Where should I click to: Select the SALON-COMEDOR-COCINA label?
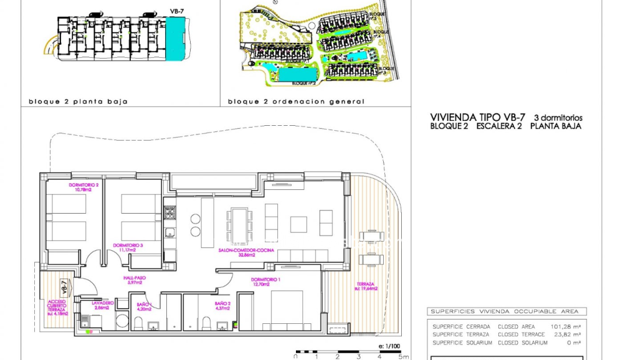[x=237, y=252]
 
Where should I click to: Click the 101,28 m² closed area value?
[x=566, y=326]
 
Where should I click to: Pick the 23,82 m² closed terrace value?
[x=566, y=334]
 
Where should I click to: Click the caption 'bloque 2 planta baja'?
[x=78, y=101]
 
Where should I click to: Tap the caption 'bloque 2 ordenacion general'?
[x=296, y=101]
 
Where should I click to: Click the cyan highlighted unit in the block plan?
[x=176, y=38]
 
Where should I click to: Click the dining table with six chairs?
[x=239, y=225]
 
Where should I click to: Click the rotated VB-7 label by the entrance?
[x=64, y=287]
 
